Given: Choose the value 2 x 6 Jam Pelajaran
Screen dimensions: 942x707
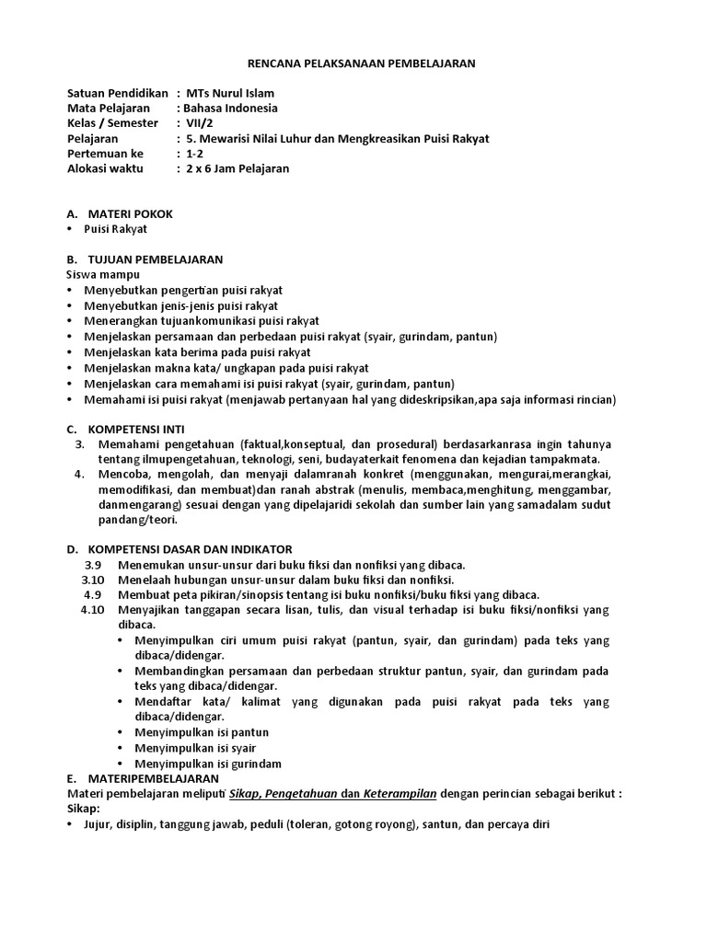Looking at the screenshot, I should coord(238,168).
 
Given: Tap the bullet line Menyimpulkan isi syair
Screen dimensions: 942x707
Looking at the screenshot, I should coord(195,748).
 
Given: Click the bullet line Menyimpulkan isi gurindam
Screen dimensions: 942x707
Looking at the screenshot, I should coord(208,764).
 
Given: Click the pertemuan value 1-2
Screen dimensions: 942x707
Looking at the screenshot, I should coord(195,154).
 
